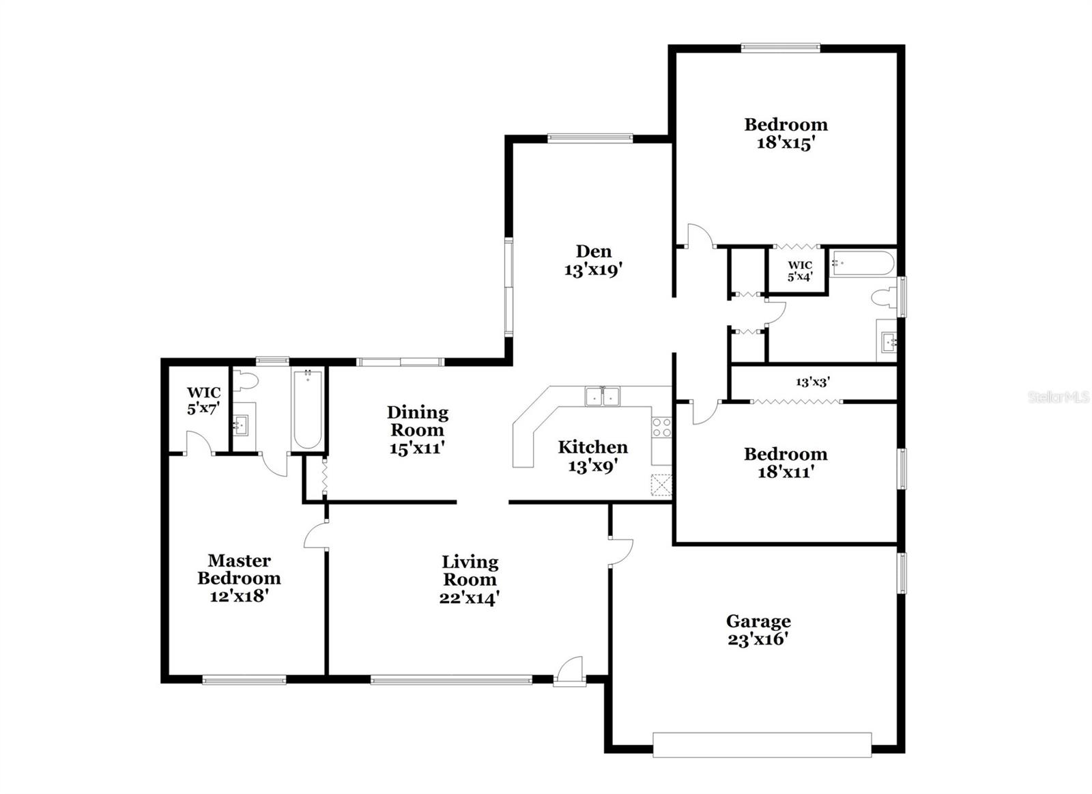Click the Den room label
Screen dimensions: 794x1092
tap(593, 251)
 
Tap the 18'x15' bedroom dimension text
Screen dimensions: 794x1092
tap(786, 143)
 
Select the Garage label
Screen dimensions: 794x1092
tap(758, 621)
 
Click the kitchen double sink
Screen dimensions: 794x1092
tap(601, 396)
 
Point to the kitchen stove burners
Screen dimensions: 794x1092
tap(661, 427)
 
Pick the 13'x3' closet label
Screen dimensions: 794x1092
tap(812, 382)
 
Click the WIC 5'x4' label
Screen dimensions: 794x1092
tap(800, 270)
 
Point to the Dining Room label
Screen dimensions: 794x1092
tap(417, 421)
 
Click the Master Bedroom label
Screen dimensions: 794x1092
tap(239, 569)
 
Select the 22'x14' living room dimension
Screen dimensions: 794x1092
tap(470, 598)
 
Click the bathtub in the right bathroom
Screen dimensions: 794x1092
tap(861, 263)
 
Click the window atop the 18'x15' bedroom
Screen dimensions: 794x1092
tap(780, 48)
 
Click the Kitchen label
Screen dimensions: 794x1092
tap(592, 447)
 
